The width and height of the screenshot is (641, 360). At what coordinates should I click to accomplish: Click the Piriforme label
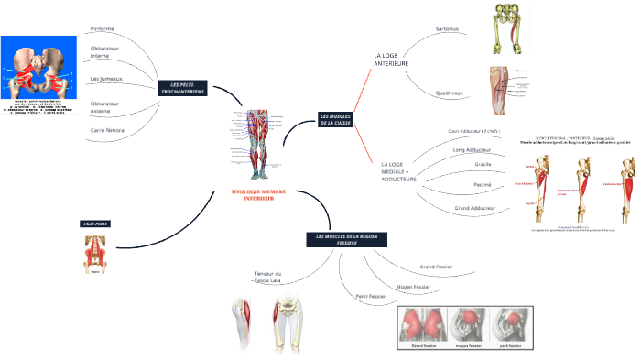coord(103,28)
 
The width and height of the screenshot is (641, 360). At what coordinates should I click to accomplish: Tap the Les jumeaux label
coord(106,79)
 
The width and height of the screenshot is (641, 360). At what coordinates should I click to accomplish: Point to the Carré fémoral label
coord(108,130)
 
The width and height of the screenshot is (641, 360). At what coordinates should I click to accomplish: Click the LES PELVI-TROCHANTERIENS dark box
coord(182,89)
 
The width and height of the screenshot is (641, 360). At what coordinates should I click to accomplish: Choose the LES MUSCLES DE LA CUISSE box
coord(335,119)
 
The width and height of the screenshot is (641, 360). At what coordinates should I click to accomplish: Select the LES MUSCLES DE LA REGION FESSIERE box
coord(346,239)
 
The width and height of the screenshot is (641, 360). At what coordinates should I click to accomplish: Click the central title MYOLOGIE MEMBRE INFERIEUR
coord(259,195)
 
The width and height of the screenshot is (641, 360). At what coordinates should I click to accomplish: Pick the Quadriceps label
coord(449,93)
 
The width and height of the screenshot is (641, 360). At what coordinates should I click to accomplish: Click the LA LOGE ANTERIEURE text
coord(391,60)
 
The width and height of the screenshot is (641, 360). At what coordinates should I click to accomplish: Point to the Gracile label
coord(483,164)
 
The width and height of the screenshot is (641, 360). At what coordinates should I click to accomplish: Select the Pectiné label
coord(483,185)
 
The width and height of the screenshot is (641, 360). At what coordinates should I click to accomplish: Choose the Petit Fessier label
coord(370,297)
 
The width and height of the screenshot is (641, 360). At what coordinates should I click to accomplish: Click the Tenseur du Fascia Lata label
coord(267,277)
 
